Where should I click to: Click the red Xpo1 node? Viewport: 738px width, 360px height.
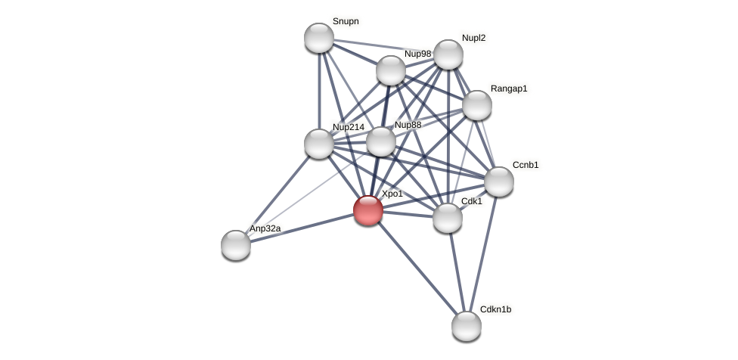pos(368,210)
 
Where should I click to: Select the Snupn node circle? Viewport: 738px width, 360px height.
pos(319,38)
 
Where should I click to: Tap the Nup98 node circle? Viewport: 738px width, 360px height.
pos(391,70)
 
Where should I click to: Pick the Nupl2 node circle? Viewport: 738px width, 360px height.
pos(448,54)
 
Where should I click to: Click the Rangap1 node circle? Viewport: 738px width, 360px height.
pos(477,105)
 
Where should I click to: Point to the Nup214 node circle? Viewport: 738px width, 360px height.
pos(319,144)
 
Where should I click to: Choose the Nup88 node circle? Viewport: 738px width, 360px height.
pos(381,141)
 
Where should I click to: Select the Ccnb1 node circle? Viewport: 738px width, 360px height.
pos(499,182)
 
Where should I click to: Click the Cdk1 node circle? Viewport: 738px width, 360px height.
pos(448,218)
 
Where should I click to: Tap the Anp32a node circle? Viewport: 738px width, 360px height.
pos(236,245)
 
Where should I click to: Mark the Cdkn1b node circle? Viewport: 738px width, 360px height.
pos(467,326)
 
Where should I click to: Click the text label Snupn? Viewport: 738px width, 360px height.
pos(346,21)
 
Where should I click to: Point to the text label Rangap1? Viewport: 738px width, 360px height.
pos(509,88)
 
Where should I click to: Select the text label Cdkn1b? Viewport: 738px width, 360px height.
pos(495,309)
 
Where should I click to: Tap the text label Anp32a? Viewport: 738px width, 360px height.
pos(265,228)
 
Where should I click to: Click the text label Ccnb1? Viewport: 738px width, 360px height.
pos(526,165)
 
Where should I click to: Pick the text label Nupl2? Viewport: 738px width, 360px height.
pos(473,38)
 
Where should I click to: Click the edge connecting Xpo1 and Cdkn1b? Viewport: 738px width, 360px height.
pos(417,268)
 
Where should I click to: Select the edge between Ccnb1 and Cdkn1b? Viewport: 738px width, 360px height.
pos(483,253)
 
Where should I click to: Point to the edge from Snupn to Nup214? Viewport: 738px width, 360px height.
pos(319,91)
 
